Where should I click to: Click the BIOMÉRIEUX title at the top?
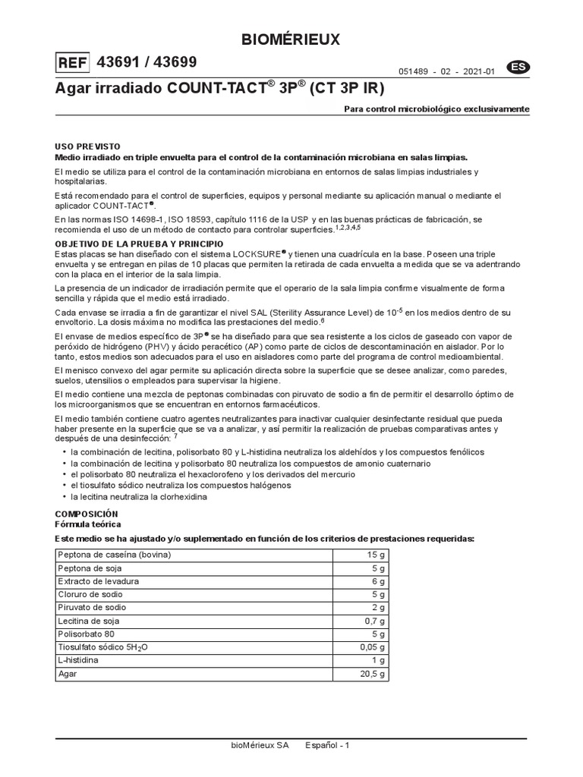(291, 39)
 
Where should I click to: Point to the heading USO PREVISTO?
(87, 146)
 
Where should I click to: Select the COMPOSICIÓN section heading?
(87, 514)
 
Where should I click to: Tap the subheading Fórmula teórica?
(87, 524)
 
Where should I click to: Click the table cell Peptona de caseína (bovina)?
(115, 555)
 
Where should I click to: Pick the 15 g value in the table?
(376, 555)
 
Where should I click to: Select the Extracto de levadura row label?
(99, 581)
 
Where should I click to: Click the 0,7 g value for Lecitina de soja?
(373, 621)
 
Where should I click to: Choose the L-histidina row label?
(79, 660)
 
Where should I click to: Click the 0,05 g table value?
(372, 647)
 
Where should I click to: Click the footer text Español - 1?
(327, 745)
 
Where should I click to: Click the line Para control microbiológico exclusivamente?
(436, 109)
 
